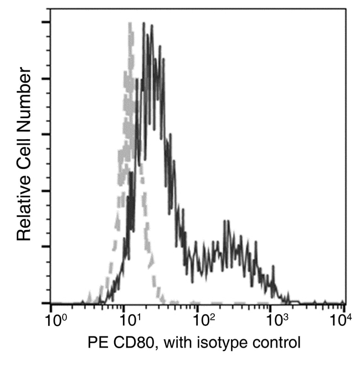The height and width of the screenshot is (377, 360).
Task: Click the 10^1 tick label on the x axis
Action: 131,320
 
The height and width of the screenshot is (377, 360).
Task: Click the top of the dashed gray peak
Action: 130,23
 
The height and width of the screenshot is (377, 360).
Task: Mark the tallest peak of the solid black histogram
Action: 144,24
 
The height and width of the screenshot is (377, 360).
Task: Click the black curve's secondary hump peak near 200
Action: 225,221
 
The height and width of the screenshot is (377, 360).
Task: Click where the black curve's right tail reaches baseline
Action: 291,302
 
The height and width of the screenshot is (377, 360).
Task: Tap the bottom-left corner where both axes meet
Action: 50,303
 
